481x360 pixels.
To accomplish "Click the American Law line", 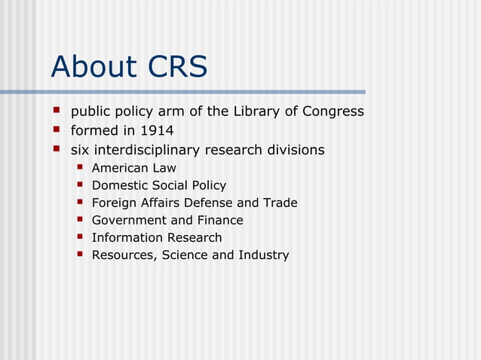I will [x=133, y=168].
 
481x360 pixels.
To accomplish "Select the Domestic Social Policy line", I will [x=158, y=185].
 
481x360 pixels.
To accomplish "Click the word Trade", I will [x=280, y=203].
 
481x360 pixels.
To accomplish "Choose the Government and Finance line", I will [x=167, y=220].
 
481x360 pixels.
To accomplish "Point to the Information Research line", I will [x=157, y=237].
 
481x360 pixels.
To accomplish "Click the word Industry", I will [x=263, y=255].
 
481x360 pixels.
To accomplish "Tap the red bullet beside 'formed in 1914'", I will [x=56, y=130].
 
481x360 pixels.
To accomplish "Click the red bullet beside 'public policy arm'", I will [x=56, y=111].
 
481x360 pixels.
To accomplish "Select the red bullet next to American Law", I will [x=78, y=167].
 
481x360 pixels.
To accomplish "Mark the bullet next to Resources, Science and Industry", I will [x=78, y=254].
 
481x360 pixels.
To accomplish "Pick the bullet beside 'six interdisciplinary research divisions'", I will [x=56, y=149].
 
